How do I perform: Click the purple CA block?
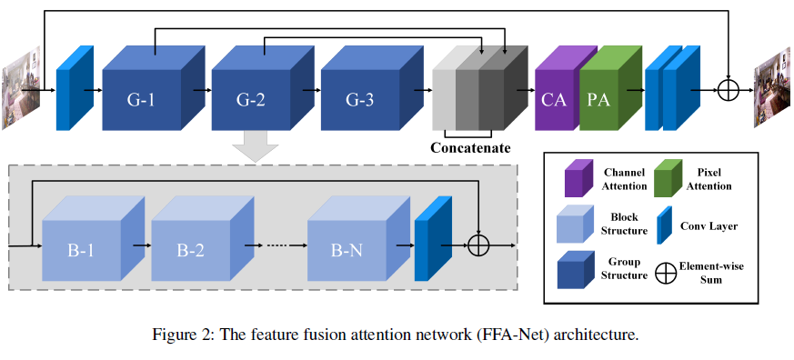click(x=553, y=98)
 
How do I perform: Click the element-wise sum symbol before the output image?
click(x=729, y=90)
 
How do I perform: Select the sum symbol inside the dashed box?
click(x=479, y=245)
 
